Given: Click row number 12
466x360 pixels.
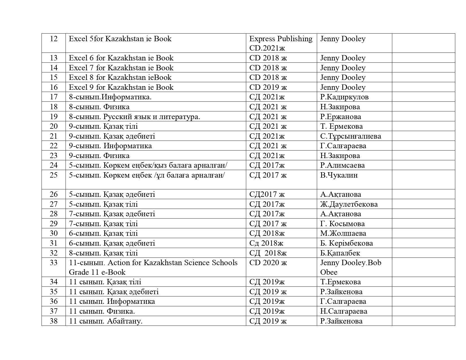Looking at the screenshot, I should [54, 39].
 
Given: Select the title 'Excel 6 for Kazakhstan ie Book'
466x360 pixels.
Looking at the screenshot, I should [121, 58].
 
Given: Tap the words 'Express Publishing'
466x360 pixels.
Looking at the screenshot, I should [281, 39].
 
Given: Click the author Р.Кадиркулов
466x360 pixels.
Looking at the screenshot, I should [344, 97].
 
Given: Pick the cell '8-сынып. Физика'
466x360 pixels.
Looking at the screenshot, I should [99, 107].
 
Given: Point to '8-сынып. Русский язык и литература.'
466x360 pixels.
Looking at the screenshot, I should [134, 117].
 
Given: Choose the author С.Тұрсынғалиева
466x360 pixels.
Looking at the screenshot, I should [350, 136].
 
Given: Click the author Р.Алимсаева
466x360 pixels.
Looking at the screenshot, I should [342, 165].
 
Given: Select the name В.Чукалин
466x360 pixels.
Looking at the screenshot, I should [339, 175].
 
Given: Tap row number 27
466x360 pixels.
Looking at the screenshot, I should [54, 204].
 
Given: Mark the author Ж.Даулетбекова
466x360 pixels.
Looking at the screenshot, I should [349, 204].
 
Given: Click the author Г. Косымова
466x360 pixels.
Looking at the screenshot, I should [342, 224].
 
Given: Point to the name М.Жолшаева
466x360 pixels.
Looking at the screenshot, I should [343, 234].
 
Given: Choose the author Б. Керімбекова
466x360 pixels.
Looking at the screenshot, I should [347, 243].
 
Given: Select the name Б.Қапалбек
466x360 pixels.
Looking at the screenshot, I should [340, 253].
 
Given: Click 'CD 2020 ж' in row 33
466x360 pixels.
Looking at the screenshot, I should [268, 263].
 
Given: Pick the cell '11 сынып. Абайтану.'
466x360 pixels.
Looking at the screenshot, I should [106, 321].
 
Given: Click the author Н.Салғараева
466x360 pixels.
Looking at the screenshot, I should [344, 311].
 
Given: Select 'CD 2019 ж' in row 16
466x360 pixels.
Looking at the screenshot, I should [268, 87].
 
